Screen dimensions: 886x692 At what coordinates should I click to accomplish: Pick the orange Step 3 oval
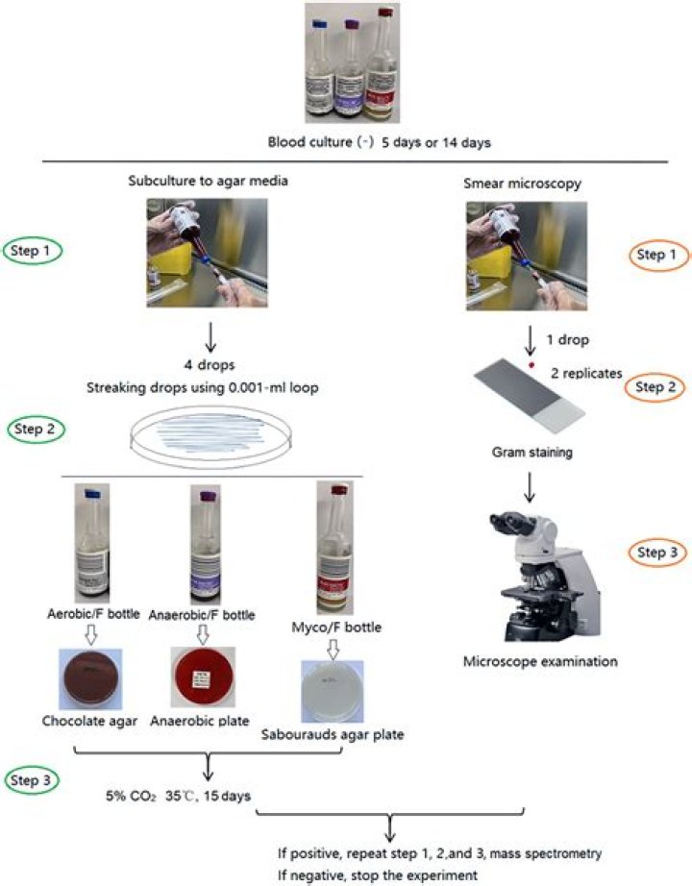[655, 551]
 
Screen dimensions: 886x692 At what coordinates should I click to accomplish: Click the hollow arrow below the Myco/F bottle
[333, 649]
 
